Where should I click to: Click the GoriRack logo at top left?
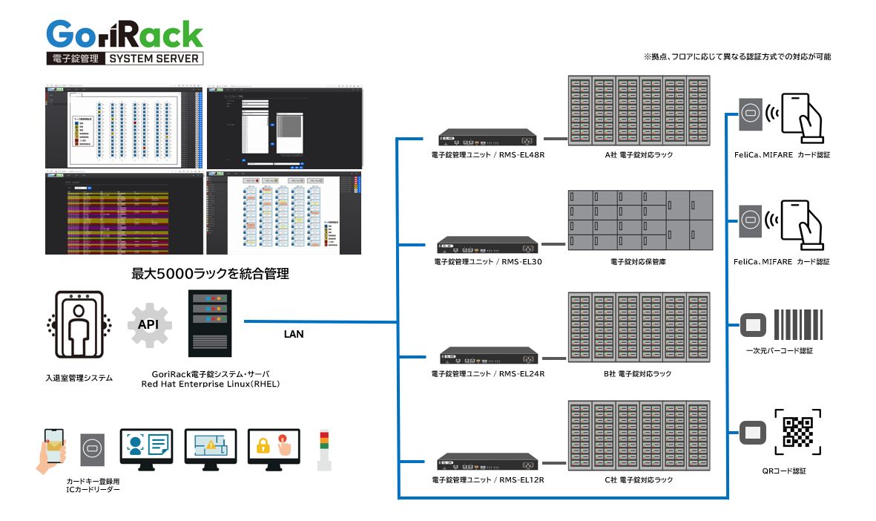pyautogui.click(x=125, y=42)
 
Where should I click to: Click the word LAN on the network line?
pyautogui.click(x=294, y=334)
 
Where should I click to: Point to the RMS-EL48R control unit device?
pyautogui.click(x=487, y=138)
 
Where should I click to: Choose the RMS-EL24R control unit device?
pyautogui.click(x=487, y=356)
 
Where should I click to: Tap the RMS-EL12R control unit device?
pyautogui.click(x=487, y=463)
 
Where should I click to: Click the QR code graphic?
pyautogui.click(x=797, y=432)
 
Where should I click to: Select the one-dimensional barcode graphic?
pyautogui.click(x=799, y=324)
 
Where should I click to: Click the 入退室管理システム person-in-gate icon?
pyautogui.click(x=79, y=327)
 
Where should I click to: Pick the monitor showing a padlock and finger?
pyautogui.click(x=274, y=448)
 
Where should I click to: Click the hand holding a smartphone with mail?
pyautogui.click(x=51, y=450)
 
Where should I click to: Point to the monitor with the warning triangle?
pyautogui.click(x=211, y=448)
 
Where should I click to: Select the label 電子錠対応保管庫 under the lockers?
pyautogui.click(x=638, y=262)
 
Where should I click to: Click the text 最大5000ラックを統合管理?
pyautogui.click(x=210, y=274)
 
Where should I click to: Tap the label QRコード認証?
pyautogui.click(x=783, y=471)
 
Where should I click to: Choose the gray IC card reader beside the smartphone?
pyautogui.click(x=92, y=450)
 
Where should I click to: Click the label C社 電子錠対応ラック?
pyautogui.click(x=639, y=480)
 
